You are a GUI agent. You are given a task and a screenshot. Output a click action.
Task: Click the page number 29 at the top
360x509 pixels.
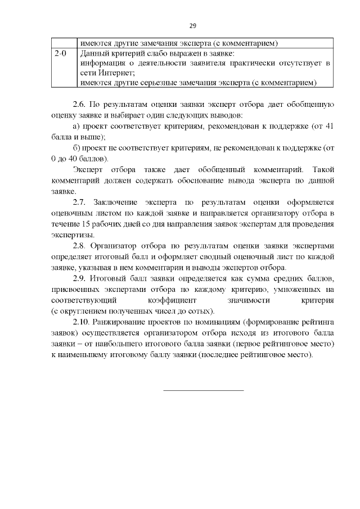tap(192, 26)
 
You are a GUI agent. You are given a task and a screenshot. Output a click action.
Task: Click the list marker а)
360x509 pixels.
tap(78, 127)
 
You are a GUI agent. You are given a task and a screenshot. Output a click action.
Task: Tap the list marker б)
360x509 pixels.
tap(78, 148)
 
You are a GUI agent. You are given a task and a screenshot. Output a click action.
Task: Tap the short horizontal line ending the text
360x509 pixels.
tap(204, 390)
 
